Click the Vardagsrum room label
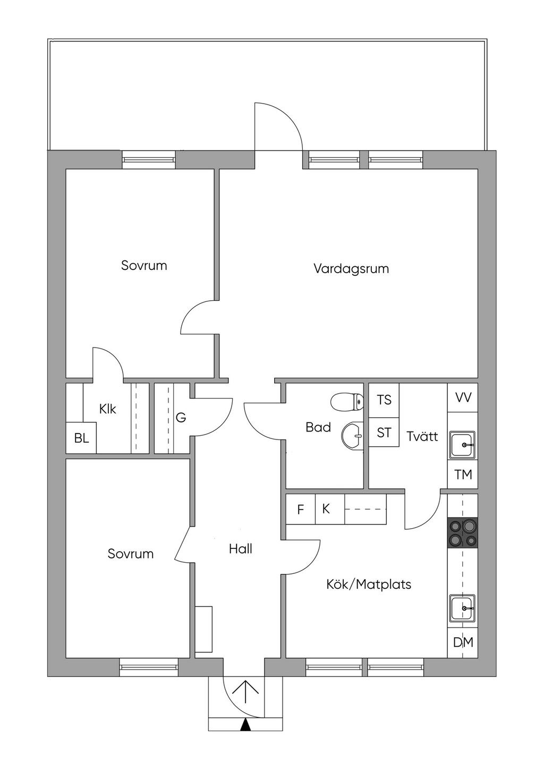tap(351, 269)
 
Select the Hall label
tap(241, 549)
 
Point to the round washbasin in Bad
tap(352, 436)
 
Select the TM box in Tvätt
tap(463, 474)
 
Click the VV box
tap(463, 397)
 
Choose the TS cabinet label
tap(384, 400)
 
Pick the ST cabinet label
tap(384, 433)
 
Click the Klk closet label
tap(107, 409)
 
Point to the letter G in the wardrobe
tap(181, 418)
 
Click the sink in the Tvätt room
tap(463, 444)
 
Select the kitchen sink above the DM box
tap(463, 608)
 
